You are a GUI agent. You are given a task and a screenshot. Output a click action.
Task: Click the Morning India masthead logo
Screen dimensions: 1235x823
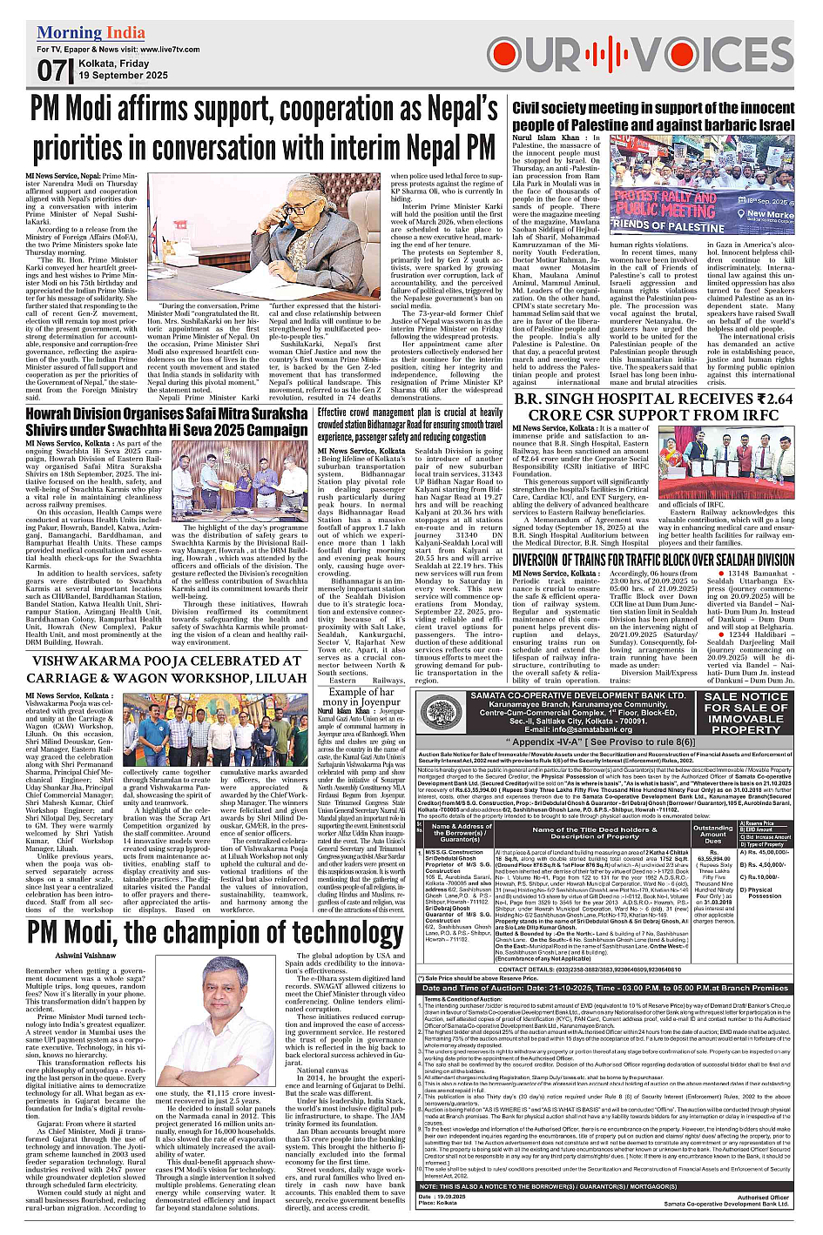(x=91, y=33)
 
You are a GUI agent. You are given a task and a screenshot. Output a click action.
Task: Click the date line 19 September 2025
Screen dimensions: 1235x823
(x=123, y=76)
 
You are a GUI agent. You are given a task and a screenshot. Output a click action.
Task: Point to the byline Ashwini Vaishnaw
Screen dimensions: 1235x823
(x=86, y=955)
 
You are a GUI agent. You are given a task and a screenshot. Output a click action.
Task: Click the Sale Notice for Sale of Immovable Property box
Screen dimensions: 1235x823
(x=745, y=713)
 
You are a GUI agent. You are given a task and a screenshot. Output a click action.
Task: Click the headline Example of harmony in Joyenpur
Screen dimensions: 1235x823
(x=361, y=697)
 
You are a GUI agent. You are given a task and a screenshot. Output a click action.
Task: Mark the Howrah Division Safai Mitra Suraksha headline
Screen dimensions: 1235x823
(x=166, y=421)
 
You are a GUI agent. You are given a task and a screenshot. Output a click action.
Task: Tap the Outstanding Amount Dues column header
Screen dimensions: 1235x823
(x=713, y=834)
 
